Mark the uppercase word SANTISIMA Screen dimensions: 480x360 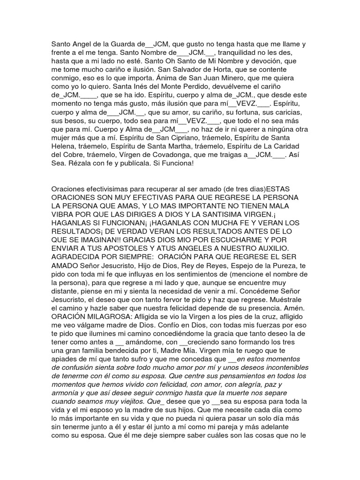(x=227, y=214)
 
